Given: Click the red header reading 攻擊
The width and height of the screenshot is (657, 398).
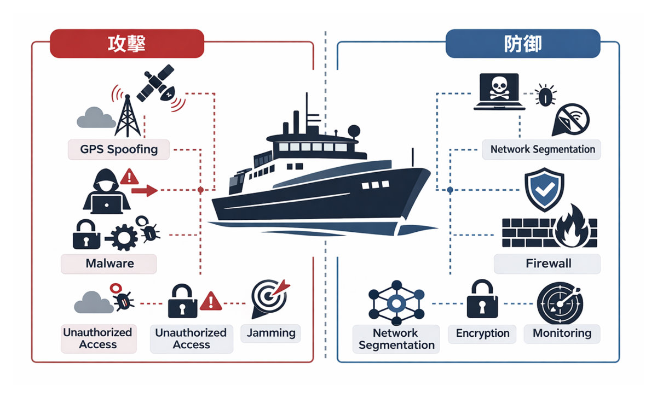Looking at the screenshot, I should click(126, 44).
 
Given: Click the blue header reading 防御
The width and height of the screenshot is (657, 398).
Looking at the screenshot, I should click(523, 44).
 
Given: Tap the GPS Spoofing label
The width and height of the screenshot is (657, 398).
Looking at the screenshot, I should click(119, 149).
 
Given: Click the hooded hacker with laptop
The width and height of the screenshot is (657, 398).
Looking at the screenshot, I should click(107, 191).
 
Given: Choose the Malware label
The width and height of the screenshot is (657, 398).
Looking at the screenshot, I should click(109, 264).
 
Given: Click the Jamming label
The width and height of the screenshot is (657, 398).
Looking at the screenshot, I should click(271, 333).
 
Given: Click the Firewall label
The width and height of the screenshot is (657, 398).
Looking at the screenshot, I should click(548, 264).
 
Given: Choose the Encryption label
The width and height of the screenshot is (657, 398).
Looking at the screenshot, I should click(482, 333).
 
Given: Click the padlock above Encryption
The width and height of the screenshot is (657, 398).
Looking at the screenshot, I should click(482, 300).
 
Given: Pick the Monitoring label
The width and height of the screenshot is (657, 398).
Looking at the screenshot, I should click(562, 333).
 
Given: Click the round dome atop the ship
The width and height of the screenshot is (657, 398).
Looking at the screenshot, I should click(354, 131).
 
